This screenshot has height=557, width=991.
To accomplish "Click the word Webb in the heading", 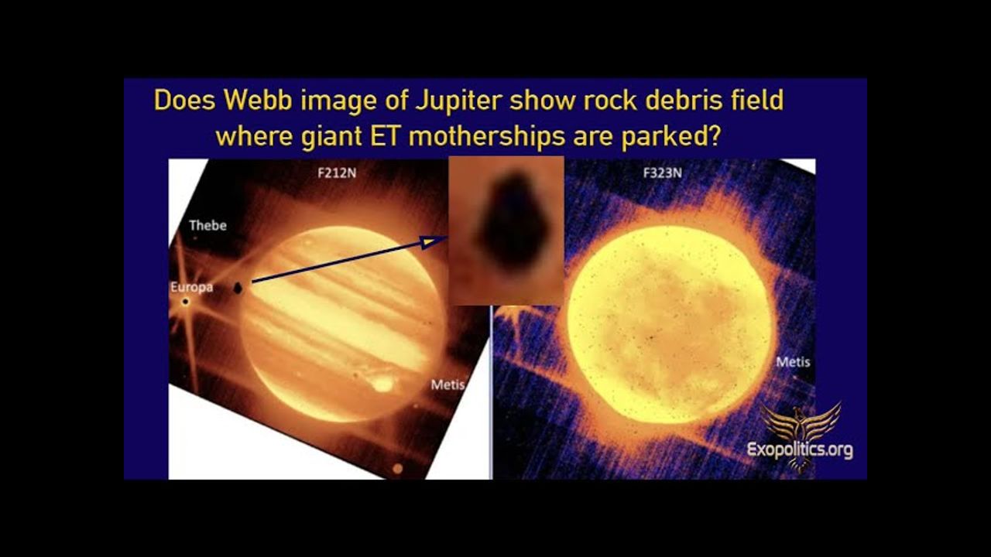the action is [258, 100].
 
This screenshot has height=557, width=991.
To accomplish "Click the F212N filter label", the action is [337, 173].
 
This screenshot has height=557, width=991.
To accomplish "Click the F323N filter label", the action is [662, 173].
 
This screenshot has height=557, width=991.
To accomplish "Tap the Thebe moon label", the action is [208, 225].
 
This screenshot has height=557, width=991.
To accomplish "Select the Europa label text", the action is [191, 287].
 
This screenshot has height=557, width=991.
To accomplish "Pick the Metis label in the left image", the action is [447, 385].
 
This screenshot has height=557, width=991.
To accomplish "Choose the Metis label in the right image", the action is [794, 362].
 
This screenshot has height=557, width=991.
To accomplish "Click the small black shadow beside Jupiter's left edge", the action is [238, 289].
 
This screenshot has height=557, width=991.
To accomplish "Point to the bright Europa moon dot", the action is [186, 302].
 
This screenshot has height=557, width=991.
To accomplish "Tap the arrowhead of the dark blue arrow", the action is [434, 241].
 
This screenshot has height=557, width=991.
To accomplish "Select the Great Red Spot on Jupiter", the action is [382, 384].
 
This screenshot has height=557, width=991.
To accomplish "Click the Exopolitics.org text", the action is [800, 450].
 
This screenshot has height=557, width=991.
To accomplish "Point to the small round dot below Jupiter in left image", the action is [398, 469].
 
